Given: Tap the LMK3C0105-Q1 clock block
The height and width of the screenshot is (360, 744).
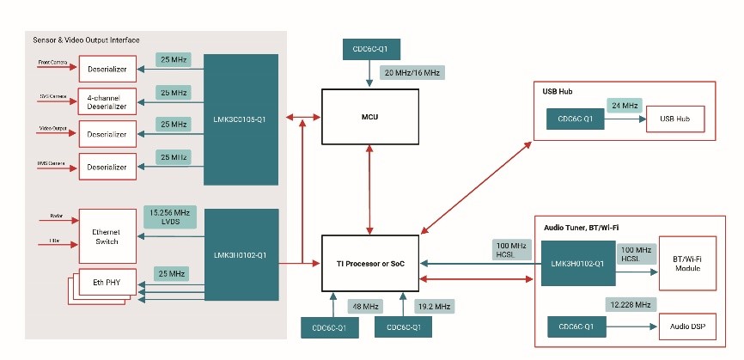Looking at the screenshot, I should (242, 119).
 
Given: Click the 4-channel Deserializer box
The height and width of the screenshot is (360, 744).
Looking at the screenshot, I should (107, 101).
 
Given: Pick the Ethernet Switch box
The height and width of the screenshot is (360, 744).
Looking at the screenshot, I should (107, 236).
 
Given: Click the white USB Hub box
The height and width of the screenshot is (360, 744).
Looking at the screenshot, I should (675, 119).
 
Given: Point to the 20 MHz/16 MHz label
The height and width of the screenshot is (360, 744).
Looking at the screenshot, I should (412, 73).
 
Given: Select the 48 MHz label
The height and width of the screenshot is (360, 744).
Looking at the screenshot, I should (359, 305).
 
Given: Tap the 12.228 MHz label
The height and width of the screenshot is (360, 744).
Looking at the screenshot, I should (630, 305).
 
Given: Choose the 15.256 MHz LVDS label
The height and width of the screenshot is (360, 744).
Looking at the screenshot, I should (169, 217).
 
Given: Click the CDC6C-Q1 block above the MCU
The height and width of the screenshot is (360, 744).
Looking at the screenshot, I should (370, 49).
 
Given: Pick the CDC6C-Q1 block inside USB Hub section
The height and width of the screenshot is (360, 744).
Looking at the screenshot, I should (575, 119).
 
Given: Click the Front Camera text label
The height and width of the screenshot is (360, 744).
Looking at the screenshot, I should (53, 63).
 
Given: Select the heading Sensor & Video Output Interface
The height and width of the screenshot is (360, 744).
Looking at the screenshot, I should (86, 40).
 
